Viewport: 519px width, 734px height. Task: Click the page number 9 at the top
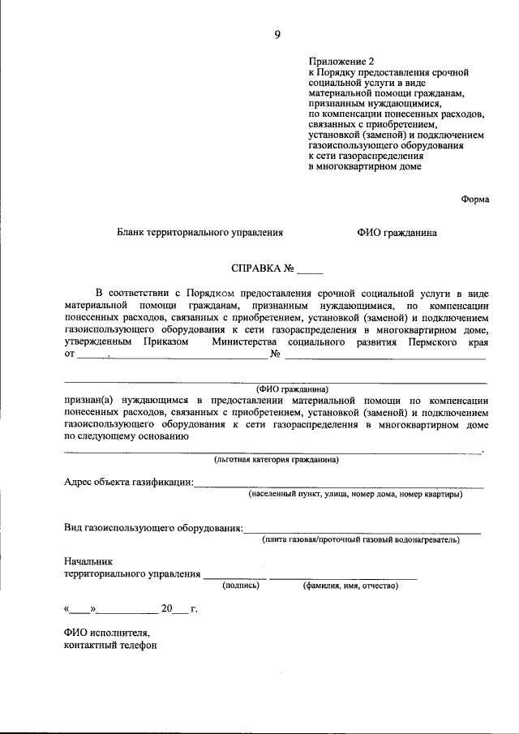[x=277, y=33]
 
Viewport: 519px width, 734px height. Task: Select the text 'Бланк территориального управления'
[x=199, y=233]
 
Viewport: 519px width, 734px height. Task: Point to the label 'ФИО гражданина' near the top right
[x=396, y=233]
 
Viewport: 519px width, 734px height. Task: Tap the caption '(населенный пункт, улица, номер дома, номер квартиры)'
[x=355, y=494]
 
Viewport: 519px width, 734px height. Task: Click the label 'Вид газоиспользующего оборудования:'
[x=153, y=528]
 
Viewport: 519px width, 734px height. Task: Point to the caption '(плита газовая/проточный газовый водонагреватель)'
[x=360, y=539]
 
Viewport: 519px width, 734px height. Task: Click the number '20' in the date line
[x=167, y=608]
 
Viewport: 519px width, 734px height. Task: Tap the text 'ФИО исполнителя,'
[x=107, y=633]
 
